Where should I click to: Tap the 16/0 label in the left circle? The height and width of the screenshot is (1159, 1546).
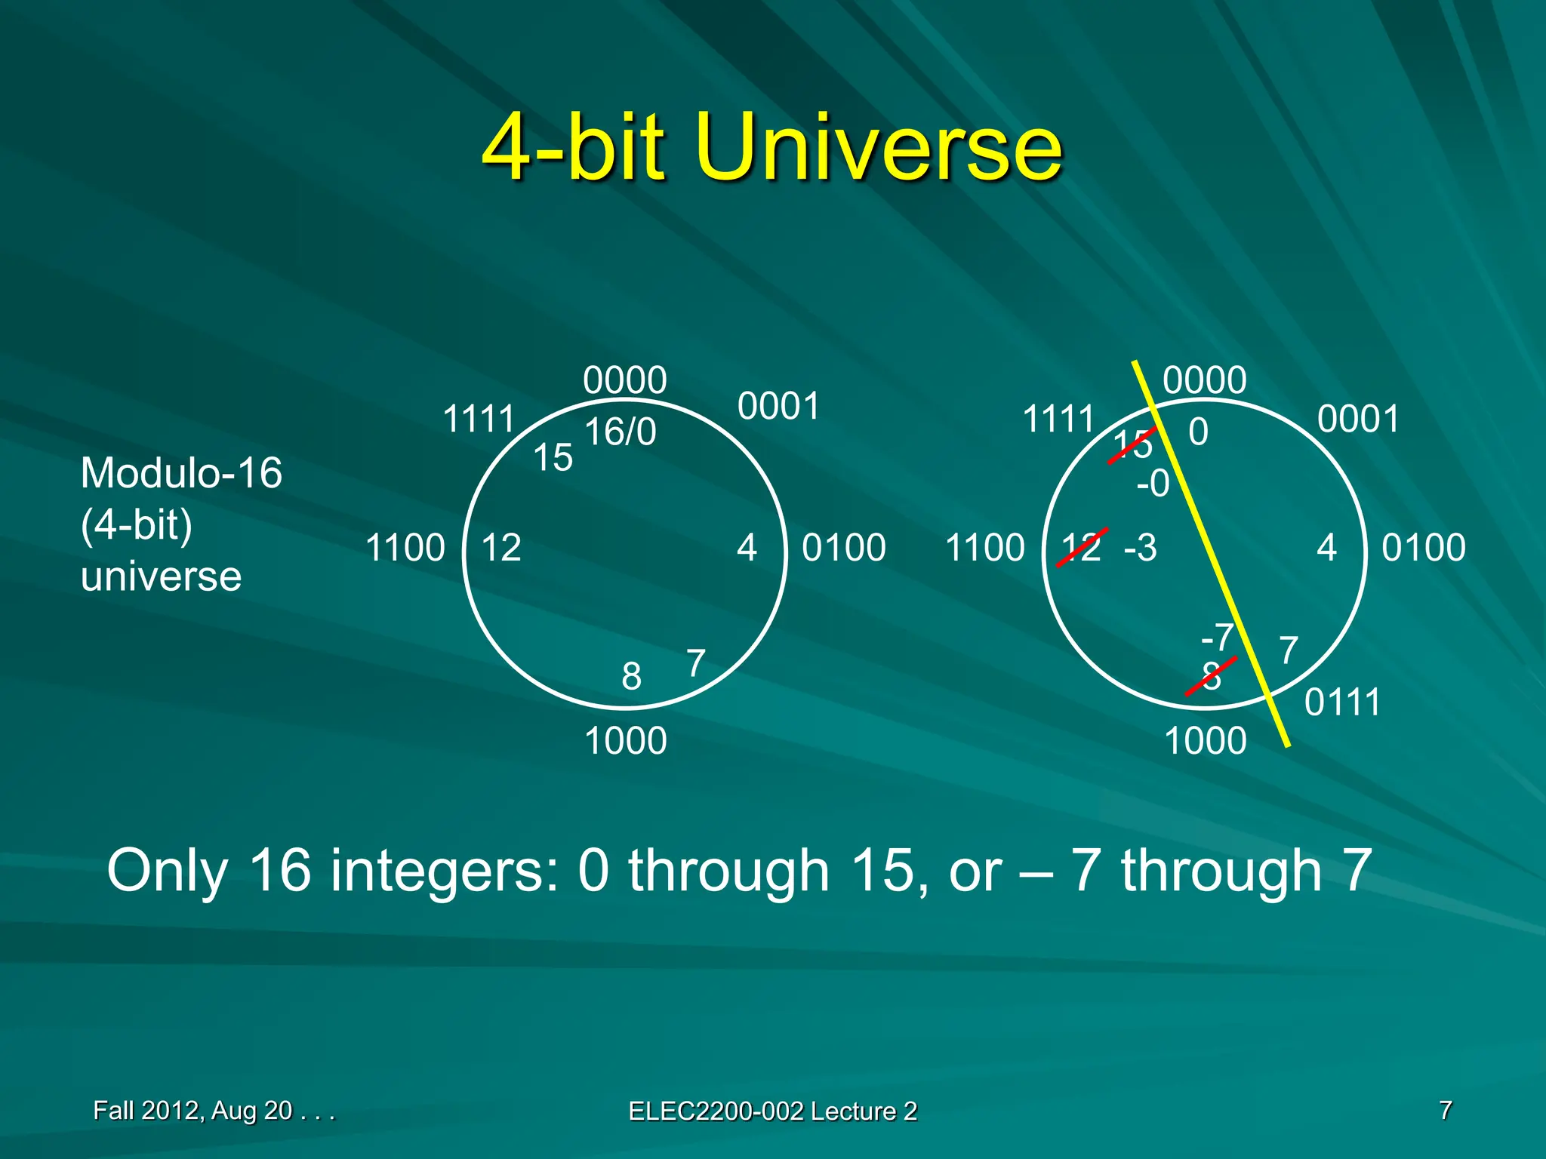pyautogui.click(x=621, y=432)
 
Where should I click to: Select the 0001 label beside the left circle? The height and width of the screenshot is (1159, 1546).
pyautogui.click(x=778, y=407)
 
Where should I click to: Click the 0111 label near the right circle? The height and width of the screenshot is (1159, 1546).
pyautogui.click(x=1342, y=702)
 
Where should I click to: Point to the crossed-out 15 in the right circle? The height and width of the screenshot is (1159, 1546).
pyautogui.click(x=1132, y=444)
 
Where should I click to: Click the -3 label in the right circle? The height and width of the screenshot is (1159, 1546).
pyautogui.click(x=1140, y=548)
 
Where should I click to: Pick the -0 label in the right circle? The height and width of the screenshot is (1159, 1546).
pyautogui.click(x=1153, y=484)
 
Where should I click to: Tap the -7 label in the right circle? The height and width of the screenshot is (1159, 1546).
pyautogui.click(x=1217, y=638)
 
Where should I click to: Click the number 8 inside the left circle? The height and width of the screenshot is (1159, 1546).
pyautogui.click(x=631, y=677)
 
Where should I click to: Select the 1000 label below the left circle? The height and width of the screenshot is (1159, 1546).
pyautogui.click(x=626, y=741)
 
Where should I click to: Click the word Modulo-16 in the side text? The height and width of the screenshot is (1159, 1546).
pyautogui.click(x=181, y=473)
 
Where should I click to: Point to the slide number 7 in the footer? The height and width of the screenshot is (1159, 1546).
pyautogui.click(x=1445, y=1110)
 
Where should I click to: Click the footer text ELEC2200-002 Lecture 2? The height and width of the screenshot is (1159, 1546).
pyautogui.click(x=772, y=1111)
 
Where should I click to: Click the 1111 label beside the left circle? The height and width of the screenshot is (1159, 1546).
pyautogui.click(x=478, y=420)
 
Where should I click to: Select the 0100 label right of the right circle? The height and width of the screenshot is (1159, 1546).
pyautogui.click(x=1423, y=548)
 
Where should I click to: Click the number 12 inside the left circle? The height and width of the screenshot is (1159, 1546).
pyautogui.click(x=501, y=549)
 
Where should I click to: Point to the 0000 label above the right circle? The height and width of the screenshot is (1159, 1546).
pyautogui.click(x=1204, y=380)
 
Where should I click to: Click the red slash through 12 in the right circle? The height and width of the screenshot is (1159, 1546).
pyautogui.click(x=1082, y=548)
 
